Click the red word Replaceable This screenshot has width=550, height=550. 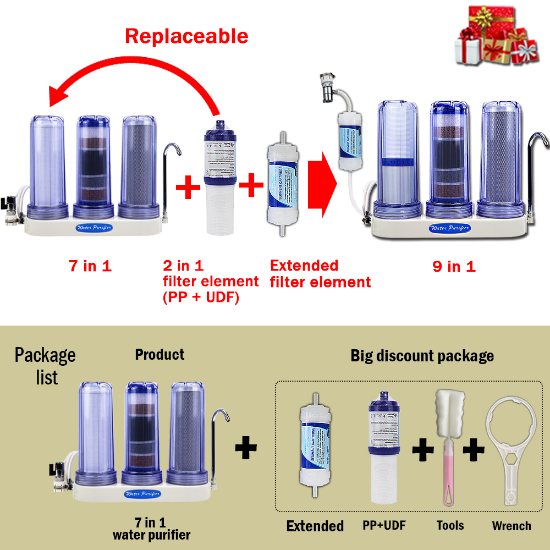pos(186,36)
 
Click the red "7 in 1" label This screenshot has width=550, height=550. pos(90,267)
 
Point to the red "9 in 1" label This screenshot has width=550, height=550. pos(454,267)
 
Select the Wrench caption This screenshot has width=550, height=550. pos(512,526)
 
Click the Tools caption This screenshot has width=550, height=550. pos(450,526)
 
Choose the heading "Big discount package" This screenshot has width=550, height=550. pos(422,356)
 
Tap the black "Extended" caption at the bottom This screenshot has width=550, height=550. pos(315,526)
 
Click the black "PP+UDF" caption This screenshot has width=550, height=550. pos(384,525)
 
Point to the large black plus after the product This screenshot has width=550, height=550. pos(246,449)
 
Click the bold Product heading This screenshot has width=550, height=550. pos(159,355)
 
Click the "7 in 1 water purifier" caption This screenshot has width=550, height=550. pos(151,529)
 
